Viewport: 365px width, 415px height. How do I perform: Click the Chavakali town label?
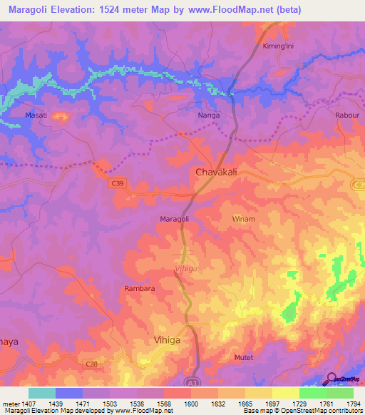[217, 173]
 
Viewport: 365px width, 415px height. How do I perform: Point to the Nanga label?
[208, 114]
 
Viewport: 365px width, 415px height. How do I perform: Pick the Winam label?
[243, 220]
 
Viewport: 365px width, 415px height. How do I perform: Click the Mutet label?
[243, 357]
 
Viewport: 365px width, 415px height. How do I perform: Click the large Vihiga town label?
[168, 340]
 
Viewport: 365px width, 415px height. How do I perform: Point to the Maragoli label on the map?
[174, 219]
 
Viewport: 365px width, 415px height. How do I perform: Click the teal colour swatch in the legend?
[41, 393]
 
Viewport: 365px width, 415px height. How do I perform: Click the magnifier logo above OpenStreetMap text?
[332, 378]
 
